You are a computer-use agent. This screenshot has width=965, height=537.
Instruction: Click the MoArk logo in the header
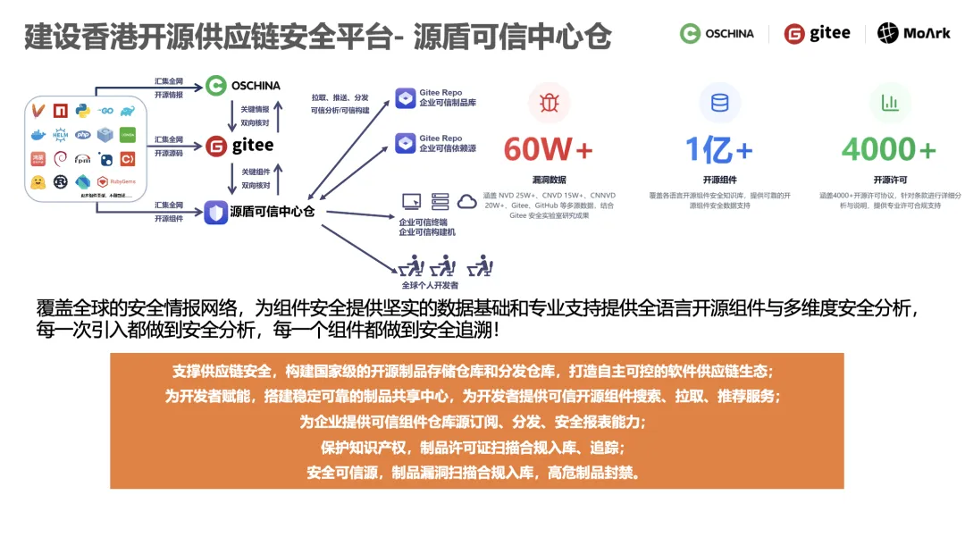click(x=912, y=33)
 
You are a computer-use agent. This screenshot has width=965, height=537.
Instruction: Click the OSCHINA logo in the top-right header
click(x=717, y=33)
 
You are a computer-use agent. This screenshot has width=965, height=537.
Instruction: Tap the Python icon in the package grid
click(x=83, y=110)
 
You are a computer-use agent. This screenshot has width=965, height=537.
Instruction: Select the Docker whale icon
click(x=38, y=135)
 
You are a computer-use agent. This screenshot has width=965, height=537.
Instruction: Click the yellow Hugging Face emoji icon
click(x=38, y=182)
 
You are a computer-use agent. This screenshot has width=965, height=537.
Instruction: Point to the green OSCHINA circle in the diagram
click(x=215, y=86)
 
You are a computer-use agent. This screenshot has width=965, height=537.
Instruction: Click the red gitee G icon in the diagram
click(x=215, y=146)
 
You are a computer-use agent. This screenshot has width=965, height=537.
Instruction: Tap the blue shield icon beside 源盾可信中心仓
click(x=215, y=213)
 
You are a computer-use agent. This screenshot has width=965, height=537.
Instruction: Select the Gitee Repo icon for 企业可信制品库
click(x=406, y=98)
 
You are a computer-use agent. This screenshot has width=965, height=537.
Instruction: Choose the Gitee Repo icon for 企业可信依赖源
click(x=406, y=143)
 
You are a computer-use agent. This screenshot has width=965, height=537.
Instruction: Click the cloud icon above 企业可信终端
click(x=467, y=201)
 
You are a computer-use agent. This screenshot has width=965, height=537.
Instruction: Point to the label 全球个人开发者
click(x=430, y=285)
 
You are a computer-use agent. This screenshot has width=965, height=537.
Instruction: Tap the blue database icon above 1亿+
click(x=719, y=103)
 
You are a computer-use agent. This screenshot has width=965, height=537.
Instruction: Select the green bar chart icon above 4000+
click(x=890, y=103)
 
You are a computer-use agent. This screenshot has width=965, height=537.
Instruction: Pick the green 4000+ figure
click(x=889, y=149)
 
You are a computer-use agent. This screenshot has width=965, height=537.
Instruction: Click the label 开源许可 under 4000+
click(x=889, y=180)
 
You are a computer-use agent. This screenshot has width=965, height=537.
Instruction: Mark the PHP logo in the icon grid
click(x=83, y=135)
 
